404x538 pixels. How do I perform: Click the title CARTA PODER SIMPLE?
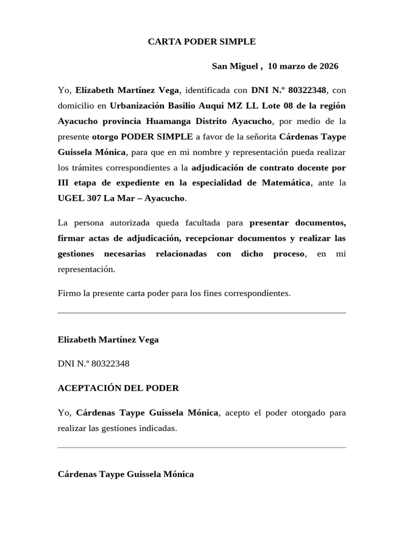[x=201, y=42]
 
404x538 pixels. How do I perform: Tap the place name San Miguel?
[x=235, y=67]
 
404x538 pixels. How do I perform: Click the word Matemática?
[x=284, y=183]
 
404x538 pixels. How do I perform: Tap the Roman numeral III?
[x=64, y=183]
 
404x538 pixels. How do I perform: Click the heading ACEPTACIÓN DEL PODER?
[x=118, y=388]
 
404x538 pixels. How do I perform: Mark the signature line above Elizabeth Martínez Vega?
[x=201, y=313]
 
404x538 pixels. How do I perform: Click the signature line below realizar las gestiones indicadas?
[x=201, y=448]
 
